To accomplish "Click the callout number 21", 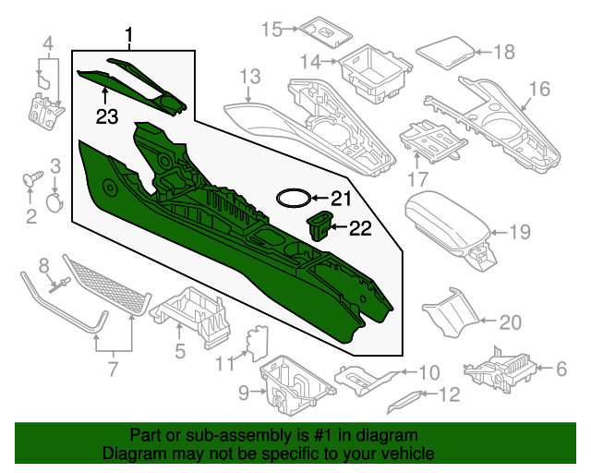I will (x=342, y=199).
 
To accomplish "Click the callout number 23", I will (x=106, y=116).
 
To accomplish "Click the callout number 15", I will (x=270, y=30).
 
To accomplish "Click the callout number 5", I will (x=180, y=351).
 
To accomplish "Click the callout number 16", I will (x=539, y=89).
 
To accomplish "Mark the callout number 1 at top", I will (x=129, y=37).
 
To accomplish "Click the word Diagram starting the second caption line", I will (x=133, y=455).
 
